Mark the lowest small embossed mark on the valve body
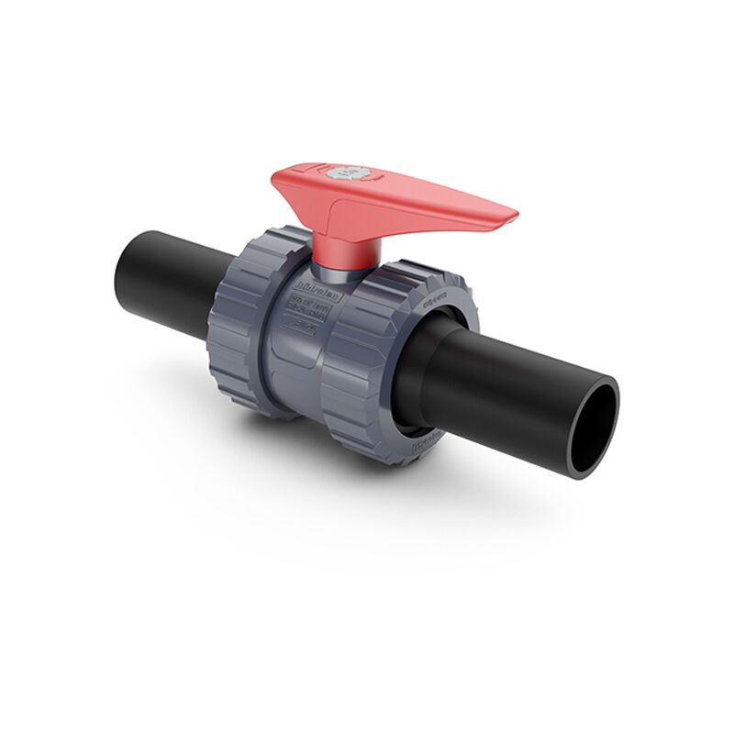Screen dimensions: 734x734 click(300, 329)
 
